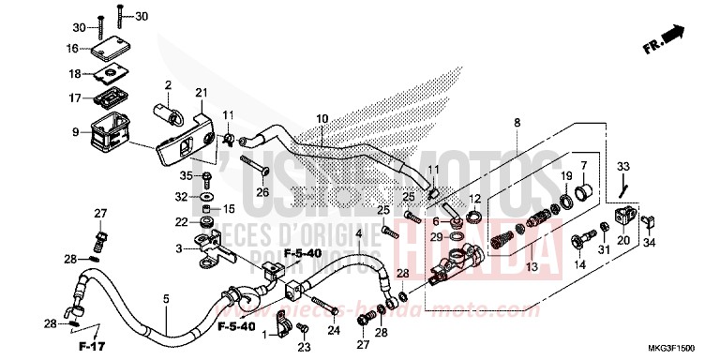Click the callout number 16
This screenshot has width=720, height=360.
(x=72, y=48)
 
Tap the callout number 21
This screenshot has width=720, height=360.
(x=201, y=91)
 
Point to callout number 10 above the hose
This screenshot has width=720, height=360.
(x=322, y=118)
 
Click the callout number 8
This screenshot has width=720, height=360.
(x=516, y=123)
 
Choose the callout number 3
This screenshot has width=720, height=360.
(x=177, y=248)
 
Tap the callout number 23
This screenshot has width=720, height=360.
(x=302, y=348)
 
